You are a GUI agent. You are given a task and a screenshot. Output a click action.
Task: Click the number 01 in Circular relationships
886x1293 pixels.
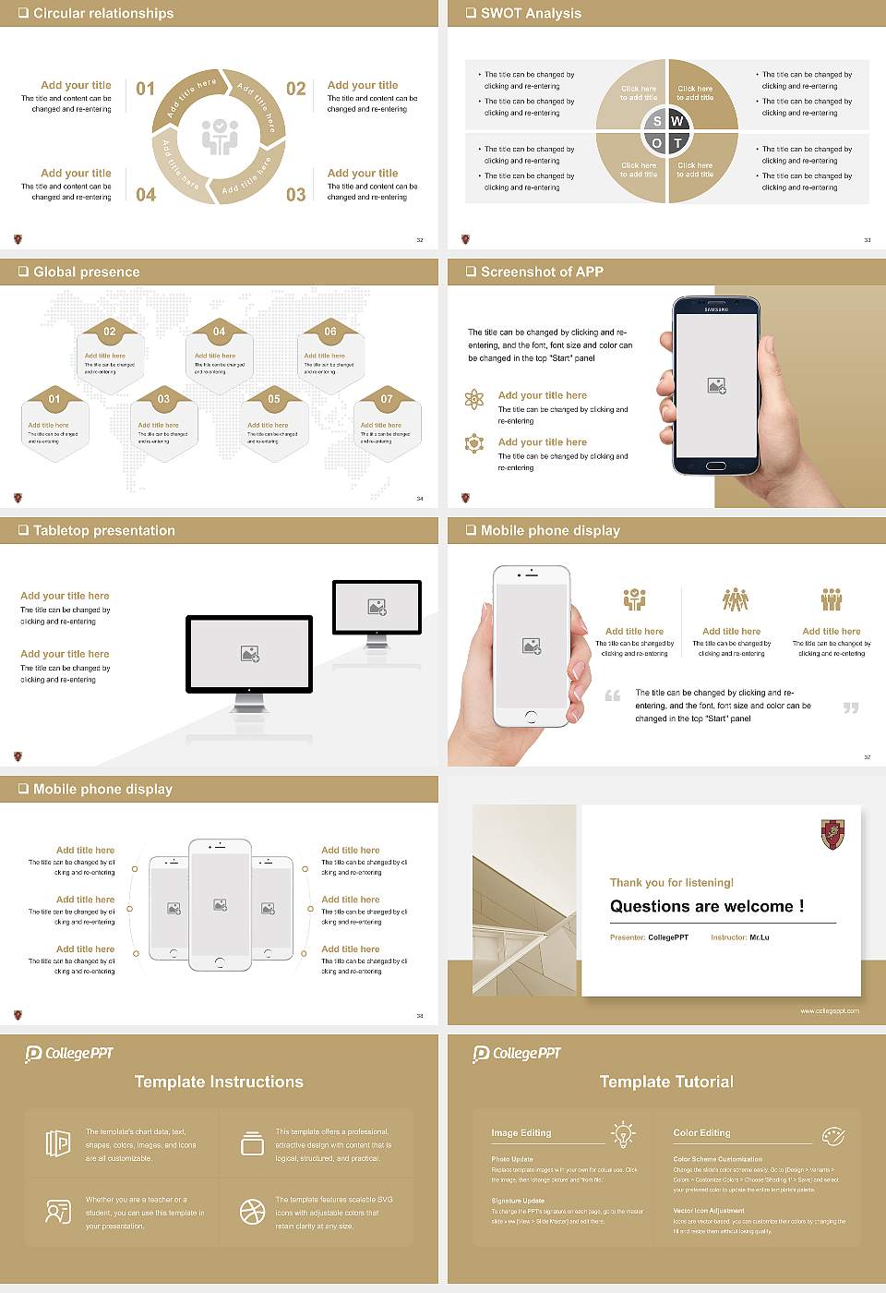coord(146,89)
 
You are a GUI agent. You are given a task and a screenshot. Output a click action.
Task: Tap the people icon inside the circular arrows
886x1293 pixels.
coord(220,136)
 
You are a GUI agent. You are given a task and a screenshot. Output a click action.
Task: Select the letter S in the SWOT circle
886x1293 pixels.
coord(657,121)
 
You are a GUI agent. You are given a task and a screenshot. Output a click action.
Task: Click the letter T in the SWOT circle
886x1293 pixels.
coord(677,143)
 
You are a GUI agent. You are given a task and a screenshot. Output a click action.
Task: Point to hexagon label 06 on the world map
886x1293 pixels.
coord(330,332)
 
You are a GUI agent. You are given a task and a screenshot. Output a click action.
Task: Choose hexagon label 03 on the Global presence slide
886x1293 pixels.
coord(163,399)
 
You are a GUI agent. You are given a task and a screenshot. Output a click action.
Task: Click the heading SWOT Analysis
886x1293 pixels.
coord(531,13)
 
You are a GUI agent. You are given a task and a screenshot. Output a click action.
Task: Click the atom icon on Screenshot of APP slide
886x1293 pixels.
coord(474,399)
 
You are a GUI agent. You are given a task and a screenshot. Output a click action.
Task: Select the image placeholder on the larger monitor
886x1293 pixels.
coord(249,653)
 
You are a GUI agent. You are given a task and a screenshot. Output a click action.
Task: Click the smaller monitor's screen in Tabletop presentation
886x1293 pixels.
coord(377,607)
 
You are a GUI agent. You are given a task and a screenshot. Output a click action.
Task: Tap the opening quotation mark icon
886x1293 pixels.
coord(613,695)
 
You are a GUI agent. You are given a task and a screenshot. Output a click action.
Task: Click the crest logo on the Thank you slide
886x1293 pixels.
coord(832,835)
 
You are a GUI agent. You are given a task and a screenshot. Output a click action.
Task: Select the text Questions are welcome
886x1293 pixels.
coord(706,906)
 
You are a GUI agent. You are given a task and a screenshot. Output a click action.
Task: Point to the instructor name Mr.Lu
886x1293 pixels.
coord(759,937)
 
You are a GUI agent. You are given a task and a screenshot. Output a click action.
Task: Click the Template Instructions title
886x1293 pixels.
coord(219,1082)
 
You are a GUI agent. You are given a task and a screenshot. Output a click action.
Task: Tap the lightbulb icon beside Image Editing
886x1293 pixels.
coord(623,1134)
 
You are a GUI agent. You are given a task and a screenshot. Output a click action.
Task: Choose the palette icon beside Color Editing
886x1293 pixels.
coord(832,1135)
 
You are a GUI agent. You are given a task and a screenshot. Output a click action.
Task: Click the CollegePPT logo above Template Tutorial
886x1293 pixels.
coord(517,1053)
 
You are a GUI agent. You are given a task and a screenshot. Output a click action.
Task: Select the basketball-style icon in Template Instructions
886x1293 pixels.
coord(252,1212)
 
